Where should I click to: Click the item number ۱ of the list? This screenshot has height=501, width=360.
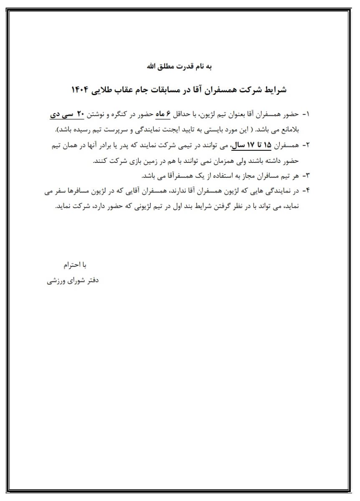coord(307,114)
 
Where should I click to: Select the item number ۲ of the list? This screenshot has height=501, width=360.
coord(307,145)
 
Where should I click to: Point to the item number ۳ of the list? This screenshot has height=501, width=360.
coord(307,176)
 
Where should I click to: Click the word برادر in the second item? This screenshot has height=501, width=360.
coord(105,145)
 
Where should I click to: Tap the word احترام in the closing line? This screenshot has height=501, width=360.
coord(70,265)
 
